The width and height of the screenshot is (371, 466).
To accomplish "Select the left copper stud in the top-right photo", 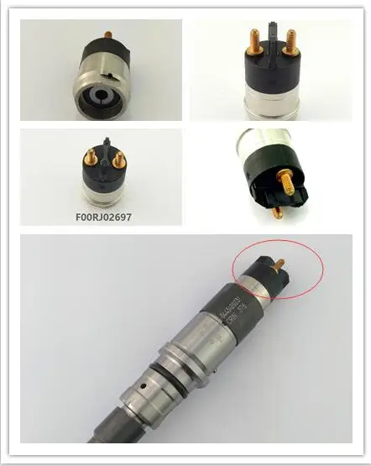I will click(253, 39).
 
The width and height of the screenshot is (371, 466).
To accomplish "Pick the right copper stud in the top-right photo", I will click(290, 38).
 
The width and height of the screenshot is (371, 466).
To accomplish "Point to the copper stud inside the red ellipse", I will click(280, 269).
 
